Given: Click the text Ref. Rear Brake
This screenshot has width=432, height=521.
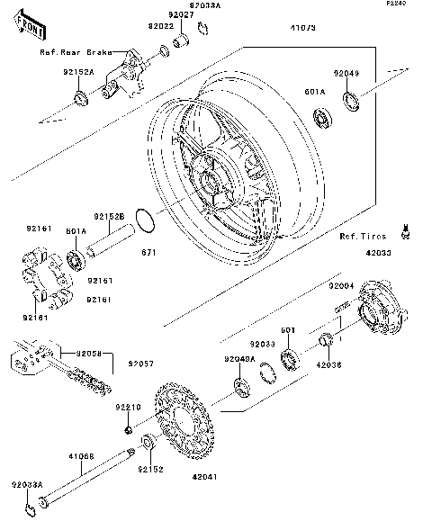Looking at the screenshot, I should click(76, 53).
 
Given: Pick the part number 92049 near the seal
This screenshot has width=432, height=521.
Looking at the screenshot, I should click(346, 74).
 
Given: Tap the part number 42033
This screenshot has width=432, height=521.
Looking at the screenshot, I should click(378, 255).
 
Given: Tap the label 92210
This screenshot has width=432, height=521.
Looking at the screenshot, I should click(128, 408).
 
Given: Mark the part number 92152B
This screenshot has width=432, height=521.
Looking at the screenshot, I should click(108, 216).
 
